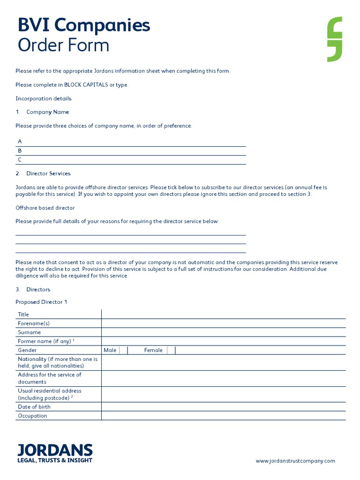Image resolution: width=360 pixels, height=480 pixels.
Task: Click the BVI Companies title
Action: point(84,25)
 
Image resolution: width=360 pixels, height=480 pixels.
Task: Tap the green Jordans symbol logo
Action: point(335,39)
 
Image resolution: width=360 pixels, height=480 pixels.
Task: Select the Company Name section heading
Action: point(47,112)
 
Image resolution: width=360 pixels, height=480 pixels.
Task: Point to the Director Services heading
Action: point(48,173)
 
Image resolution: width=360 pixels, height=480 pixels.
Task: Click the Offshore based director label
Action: point(45,208)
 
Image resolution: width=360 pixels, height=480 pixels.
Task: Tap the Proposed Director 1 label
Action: point(41,302)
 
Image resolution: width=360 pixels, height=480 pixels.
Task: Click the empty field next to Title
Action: point(223,314)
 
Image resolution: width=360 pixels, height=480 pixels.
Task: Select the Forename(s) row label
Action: point(34,323)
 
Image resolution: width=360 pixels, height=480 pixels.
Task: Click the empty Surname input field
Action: point(223,332)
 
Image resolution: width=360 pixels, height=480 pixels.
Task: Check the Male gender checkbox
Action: point(124,350)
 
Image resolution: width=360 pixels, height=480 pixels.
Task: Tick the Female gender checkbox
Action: point(171,350)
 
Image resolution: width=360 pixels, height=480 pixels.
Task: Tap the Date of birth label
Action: point(34,407)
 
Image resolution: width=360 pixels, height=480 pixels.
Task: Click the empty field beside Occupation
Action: point(223,416)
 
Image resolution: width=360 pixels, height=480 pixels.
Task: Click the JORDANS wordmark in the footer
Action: point(55,450)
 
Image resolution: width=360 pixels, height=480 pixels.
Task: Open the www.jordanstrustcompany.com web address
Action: point(295,461)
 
